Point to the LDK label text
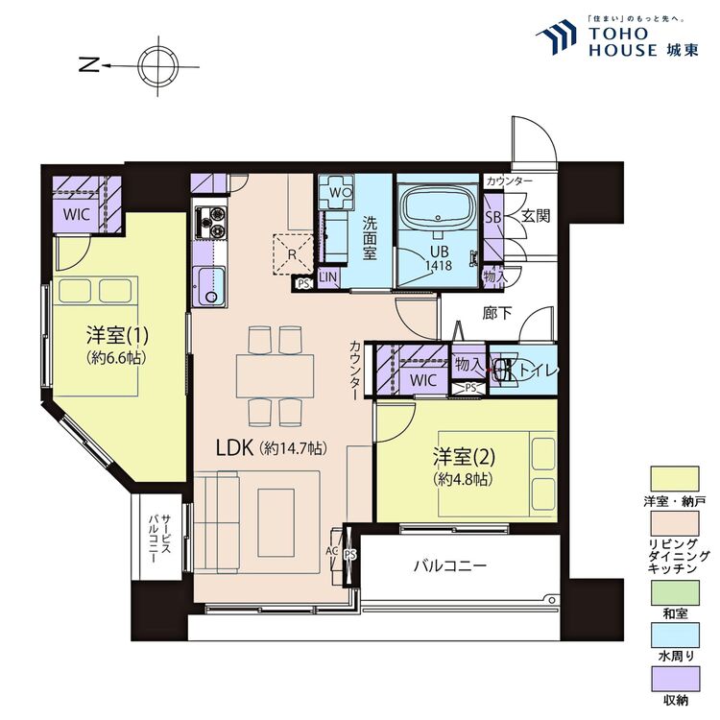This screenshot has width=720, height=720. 233,447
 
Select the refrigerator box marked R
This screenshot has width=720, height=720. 292,254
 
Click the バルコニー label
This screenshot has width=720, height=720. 449,565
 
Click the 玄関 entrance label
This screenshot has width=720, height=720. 536,216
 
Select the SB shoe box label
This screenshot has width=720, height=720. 493,216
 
